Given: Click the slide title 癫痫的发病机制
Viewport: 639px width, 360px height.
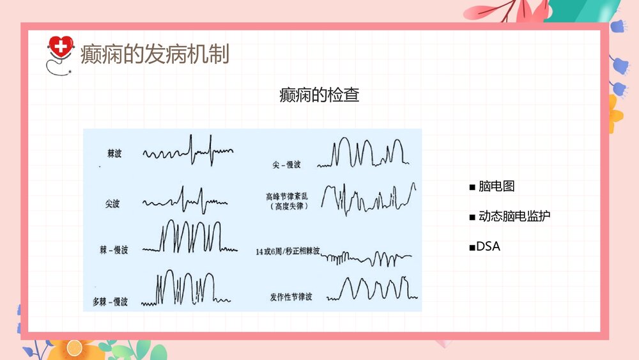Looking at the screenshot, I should click(154, 54).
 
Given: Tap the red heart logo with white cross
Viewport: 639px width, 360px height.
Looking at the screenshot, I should click(61, 47).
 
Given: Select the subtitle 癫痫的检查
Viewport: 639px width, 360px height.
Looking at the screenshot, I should click(319, 96).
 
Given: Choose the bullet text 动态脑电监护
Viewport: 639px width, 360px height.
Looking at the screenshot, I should click(514, 216).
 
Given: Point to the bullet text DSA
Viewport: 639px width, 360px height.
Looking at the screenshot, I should click(488, 246).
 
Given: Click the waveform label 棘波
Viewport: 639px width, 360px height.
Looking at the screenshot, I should click(114, 153).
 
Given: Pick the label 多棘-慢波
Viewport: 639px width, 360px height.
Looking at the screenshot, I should click(110, 301).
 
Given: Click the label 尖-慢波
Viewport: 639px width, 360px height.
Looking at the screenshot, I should click(286, 164).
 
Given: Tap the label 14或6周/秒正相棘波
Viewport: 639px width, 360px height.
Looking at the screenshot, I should click(286, 251).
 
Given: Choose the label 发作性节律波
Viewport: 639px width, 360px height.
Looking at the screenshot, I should click(290, 297).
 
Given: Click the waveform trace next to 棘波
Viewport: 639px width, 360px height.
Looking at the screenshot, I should click(189, 151).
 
